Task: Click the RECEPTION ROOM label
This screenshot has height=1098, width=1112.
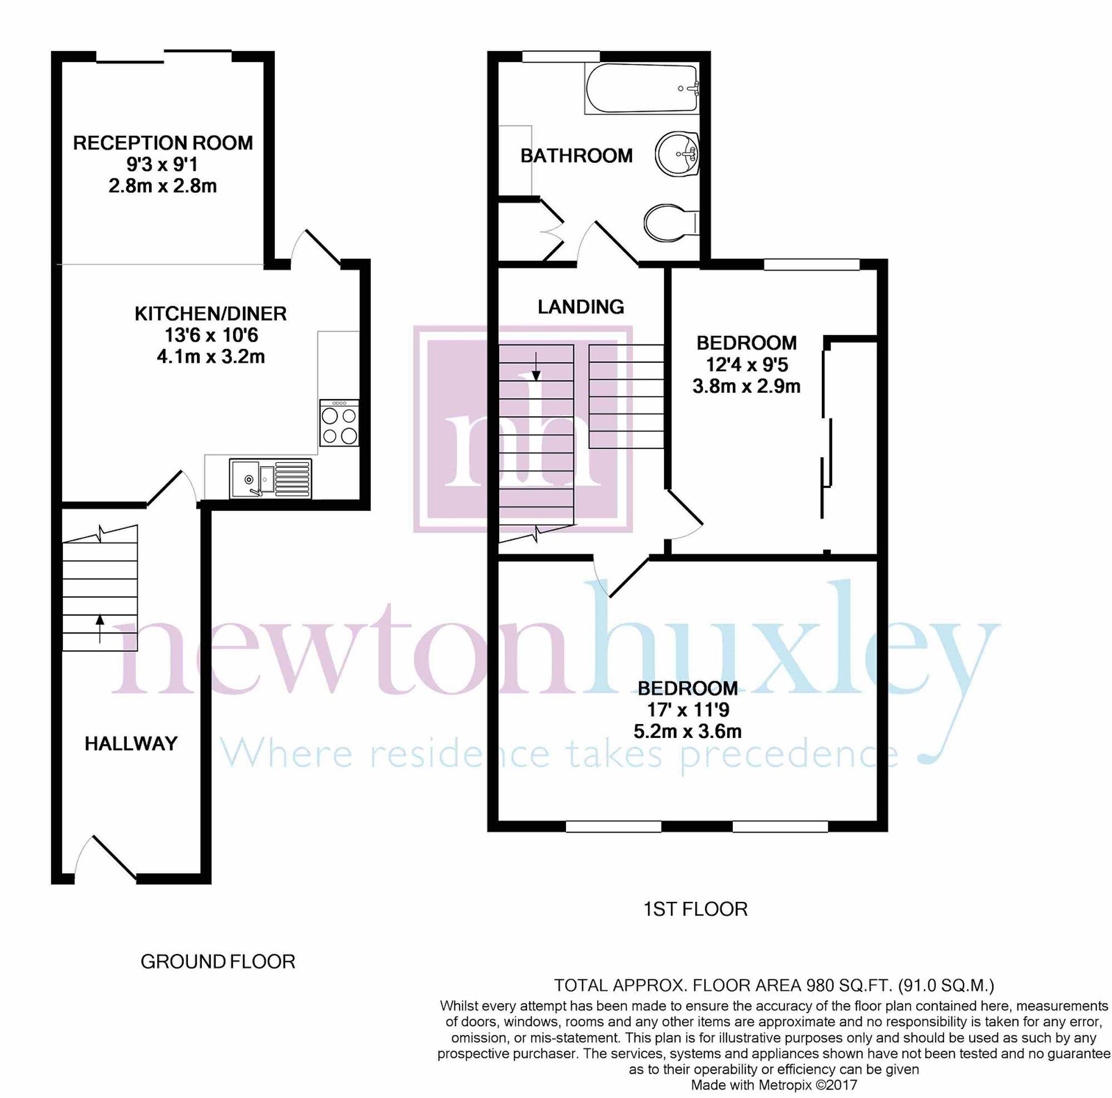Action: tap(163, 143)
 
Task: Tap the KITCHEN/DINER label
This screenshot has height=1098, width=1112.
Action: tap(211, 313)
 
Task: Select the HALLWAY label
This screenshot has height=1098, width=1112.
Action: tap(131, 743)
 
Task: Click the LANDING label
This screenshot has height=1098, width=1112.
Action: tap(581, 307)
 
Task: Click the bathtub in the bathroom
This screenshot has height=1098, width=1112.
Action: tap(642, 88)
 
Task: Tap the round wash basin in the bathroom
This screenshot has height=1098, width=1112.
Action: tap(677, 153)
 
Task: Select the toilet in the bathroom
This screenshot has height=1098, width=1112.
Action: tap(671, 223)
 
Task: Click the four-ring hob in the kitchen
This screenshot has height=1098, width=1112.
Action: tap(339, 423)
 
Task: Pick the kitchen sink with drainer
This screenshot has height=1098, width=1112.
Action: tap(271, 478)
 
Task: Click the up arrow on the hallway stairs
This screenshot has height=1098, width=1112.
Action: tap(100, 628)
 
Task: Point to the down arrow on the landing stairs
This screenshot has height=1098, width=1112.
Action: tap(536, 366)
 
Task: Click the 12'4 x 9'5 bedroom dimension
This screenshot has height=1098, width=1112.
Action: tap(747, 365)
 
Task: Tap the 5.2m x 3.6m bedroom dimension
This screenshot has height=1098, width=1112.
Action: tap(687, 732)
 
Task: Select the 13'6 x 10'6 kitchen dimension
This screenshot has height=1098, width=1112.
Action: tap(211, 335)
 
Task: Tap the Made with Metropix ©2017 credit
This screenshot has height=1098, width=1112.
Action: tap(774, 1085)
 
